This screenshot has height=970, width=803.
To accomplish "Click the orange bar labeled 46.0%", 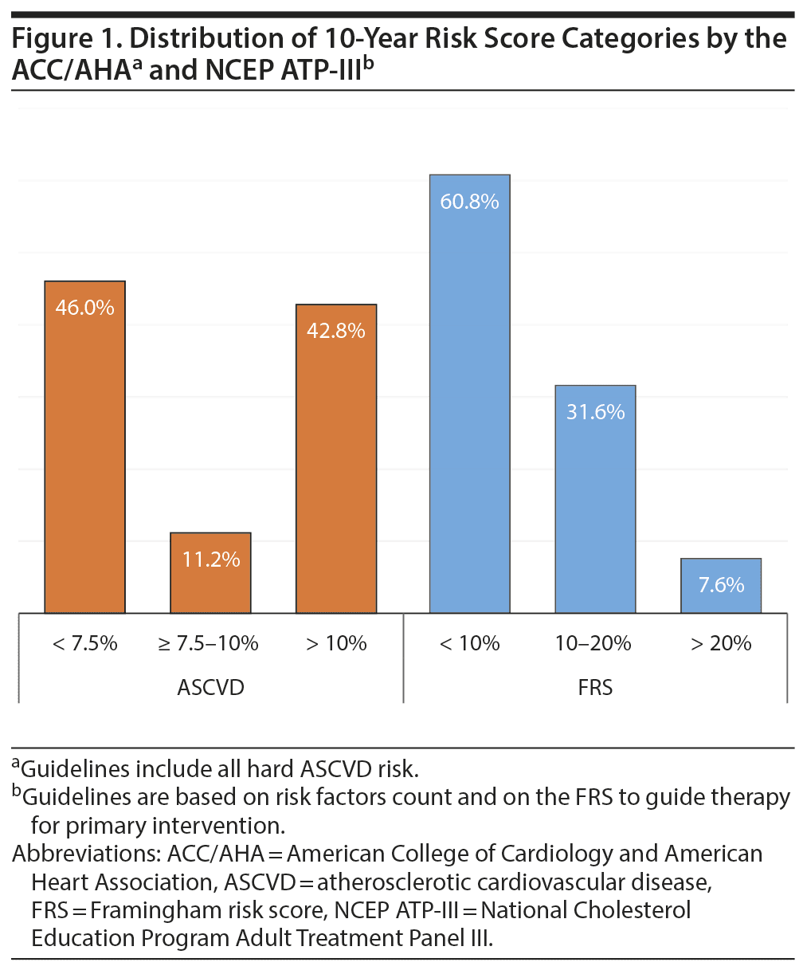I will click(x=84, y=446).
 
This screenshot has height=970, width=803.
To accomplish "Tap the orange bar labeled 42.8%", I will click(x=335, y=458).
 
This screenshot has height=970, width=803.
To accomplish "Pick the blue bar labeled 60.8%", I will click(x=469, y=394).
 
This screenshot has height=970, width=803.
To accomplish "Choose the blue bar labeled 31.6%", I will click(x=595, y=499).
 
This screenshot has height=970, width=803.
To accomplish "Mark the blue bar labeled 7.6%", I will click(x=721, y=586).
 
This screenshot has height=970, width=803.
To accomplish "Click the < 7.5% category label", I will click(x=84, y=643).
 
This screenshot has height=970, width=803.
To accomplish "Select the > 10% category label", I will click(x=335, y=643).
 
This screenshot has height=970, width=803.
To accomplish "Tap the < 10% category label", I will click(x=469, y=643).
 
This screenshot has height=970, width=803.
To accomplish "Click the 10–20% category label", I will click(x=595, y=643).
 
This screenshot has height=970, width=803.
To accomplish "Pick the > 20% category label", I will click(x=721, y=643).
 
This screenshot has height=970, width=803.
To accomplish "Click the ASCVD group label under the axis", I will click(x=210, y=687).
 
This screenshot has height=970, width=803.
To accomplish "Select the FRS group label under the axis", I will click(x=595, y=687).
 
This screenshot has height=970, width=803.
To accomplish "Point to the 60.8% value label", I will click(x=469, y=202).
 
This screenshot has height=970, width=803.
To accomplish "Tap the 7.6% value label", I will click(x=721, y=585).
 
